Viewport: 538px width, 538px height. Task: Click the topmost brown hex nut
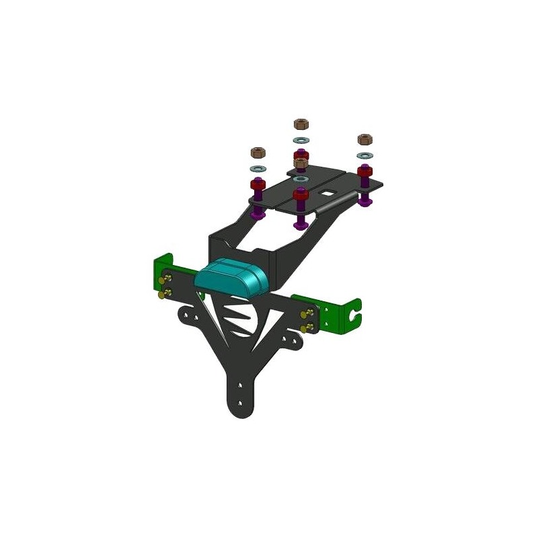tap(301, 124)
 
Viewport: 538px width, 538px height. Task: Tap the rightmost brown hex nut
tap(364, 140)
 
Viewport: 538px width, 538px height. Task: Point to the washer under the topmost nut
tap(301, 141)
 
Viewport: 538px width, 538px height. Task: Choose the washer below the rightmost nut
tap(364, 156)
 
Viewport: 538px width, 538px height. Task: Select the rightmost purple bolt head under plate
tap(365, 200)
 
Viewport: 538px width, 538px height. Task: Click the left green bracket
tap(161, 276)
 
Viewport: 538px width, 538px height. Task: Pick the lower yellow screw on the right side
tap(308, 328)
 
